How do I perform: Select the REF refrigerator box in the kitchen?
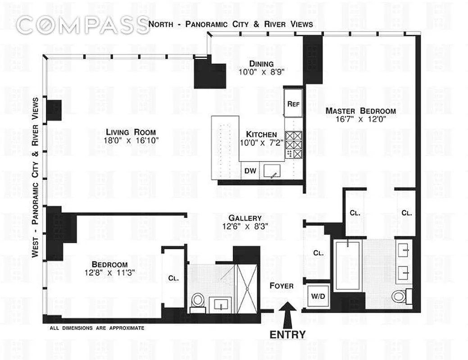pyautogui.click(x=293, y=103)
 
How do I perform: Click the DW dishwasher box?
pyautogui.click(x=250, y=171)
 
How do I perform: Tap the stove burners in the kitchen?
pyautogui.click(x=294, y=144)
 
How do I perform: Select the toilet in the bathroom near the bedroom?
pyautogui.click(x=198, y=301)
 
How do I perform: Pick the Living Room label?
pyautogui.click(x=131, y=132)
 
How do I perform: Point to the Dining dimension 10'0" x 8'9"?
pyautogui.click(x=262, y=72)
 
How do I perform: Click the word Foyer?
pyautogui.click(x=282, y=286)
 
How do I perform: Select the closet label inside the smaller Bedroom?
pyautogui.click(x=173, y=278)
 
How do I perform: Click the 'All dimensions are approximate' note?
pyautogui.click(x=97, y=328)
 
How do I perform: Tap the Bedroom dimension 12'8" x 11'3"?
pyautogui.click(x=109, y=273)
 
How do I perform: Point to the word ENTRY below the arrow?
pyautogui.click(x=287, y=334)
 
